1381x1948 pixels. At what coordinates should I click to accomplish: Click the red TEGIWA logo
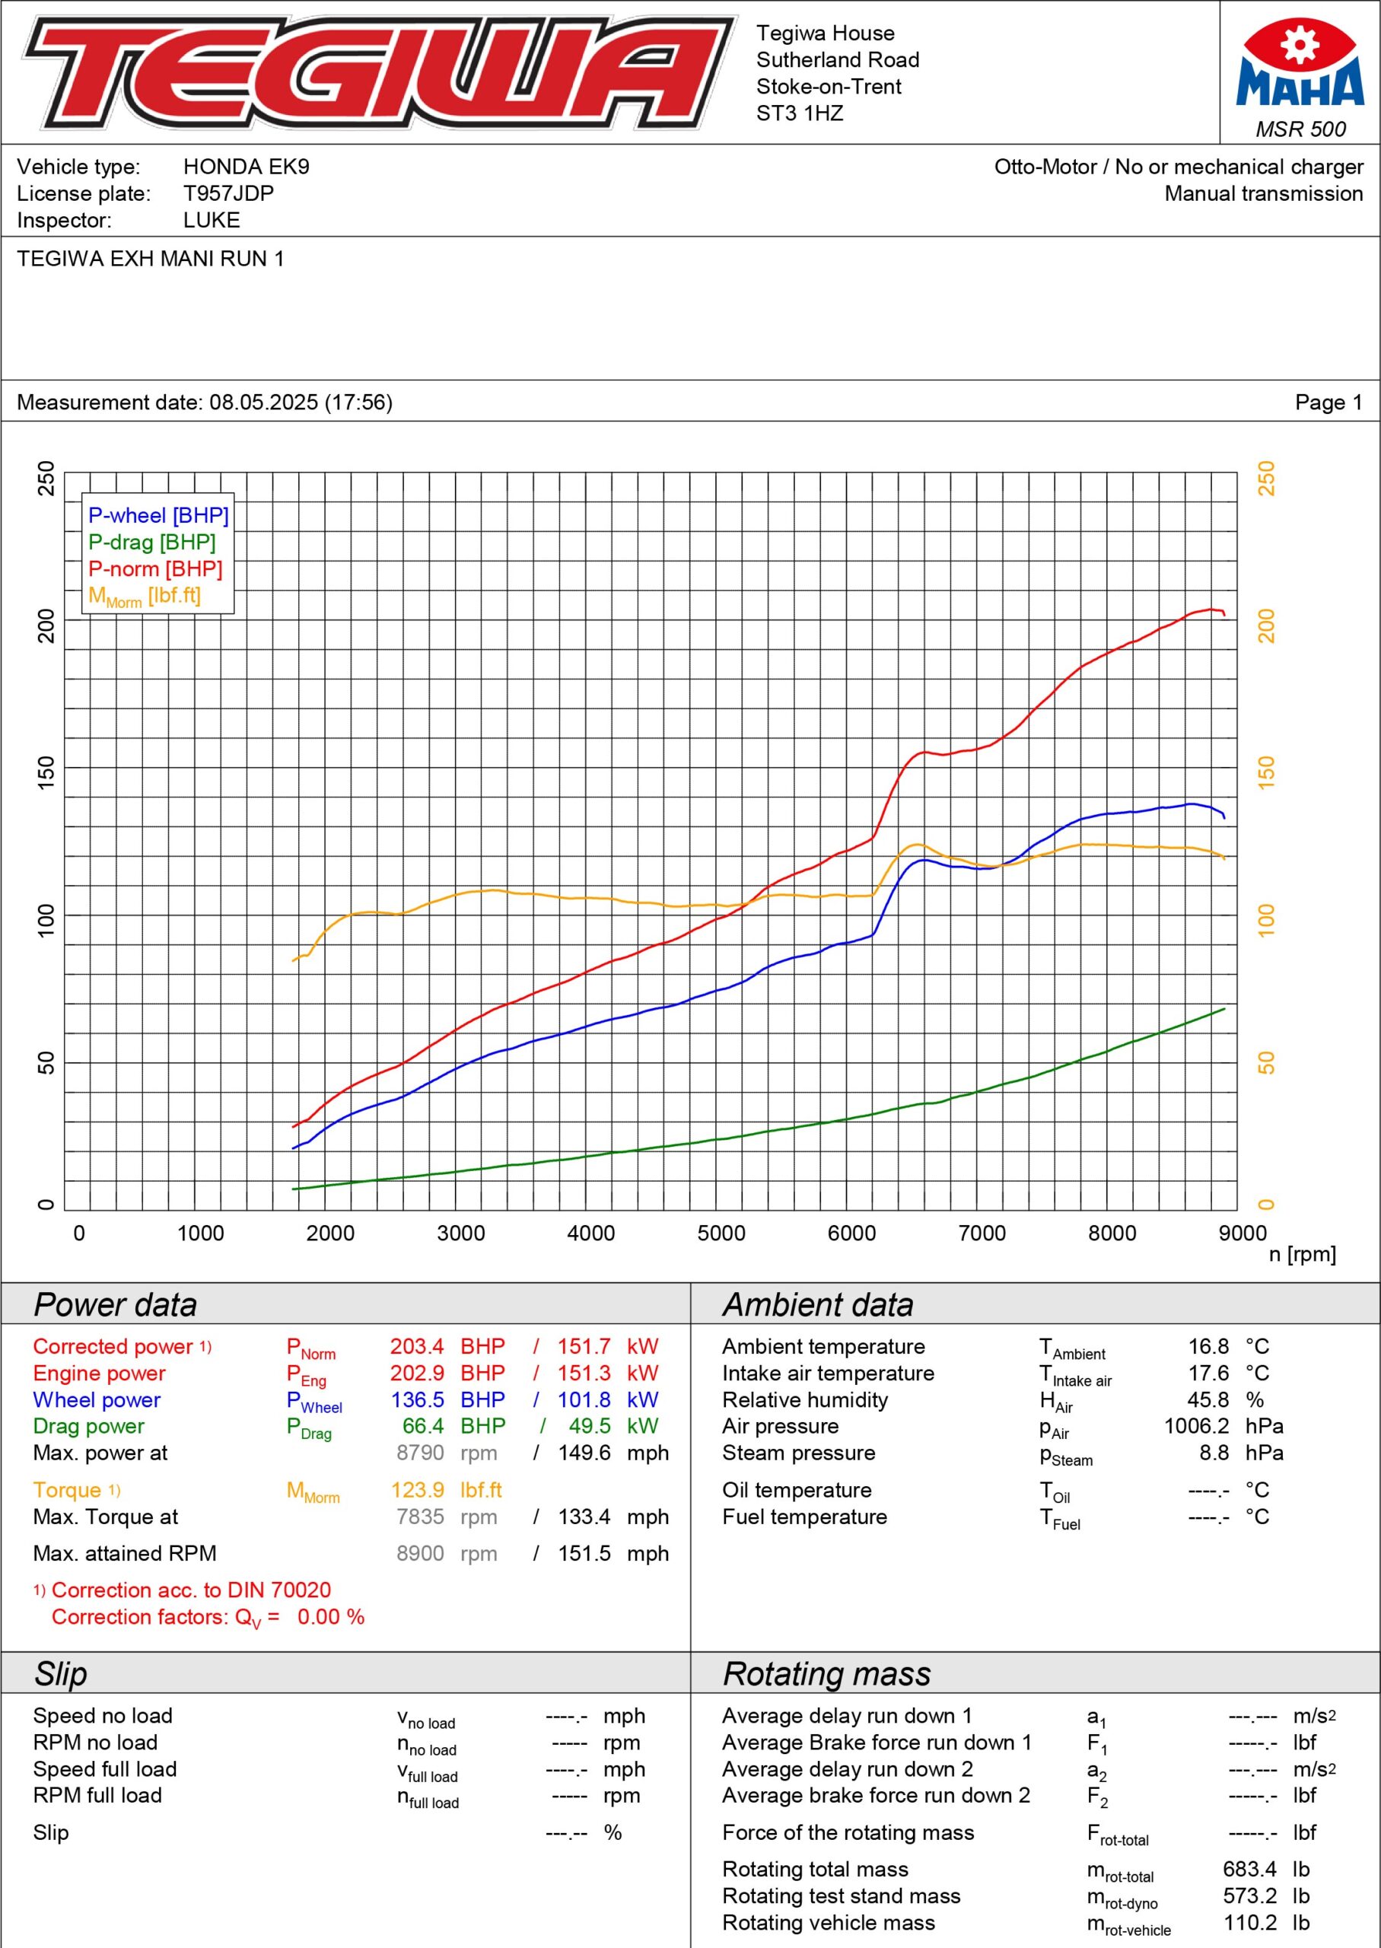378,72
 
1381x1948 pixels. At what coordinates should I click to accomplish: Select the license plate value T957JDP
229,193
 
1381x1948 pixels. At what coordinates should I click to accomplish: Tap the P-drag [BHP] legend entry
151,542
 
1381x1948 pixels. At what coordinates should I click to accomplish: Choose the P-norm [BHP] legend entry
154,569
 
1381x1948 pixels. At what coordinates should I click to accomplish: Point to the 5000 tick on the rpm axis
721,1233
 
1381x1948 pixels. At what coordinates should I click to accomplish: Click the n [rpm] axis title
1302,1254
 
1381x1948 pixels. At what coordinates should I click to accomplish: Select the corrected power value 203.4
417,1346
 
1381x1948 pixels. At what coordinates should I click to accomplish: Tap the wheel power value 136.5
417,1399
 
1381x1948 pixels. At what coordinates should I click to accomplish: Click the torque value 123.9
418,1490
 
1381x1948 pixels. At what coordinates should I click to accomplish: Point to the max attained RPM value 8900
420,1554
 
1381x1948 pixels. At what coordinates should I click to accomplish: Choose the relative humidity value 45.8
1208,1399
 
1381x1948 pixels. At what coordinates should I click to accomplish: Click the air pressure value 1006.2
1196,1426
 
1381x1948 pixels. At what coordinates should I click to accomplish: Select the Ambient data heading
818,1305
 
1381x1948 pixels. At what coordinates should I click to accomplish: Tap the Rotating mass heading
826,1674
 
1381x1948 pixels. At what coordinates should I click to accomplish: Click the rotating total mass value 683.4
1249,1869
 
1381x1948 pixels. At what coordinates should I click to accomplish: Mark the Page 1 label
1328,403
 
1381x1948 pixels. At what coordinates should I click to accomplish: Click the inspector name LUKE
212,220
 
